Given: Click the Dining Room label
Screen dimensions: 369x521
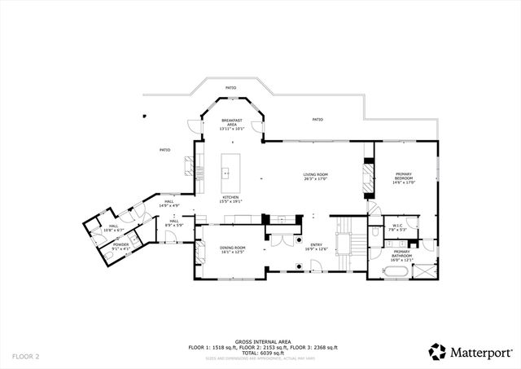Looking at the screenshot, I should [234, 250].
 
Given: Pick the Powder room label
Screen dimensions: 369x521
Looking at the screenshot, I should [120, 246].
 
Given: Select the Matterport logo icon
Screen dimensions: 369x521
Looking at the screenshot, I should [437, 352].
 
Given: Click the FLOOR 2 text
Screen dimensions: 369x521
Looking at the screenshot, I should [25, 356].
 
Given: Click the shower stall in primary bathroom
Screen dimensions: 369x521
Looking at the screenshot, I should [425, 271].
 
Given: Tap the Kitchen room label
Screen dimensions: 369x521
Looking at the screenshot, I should [231, 199].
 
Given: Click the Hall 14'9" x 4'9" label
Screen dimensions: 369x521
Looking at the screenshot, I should [169, 204].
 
